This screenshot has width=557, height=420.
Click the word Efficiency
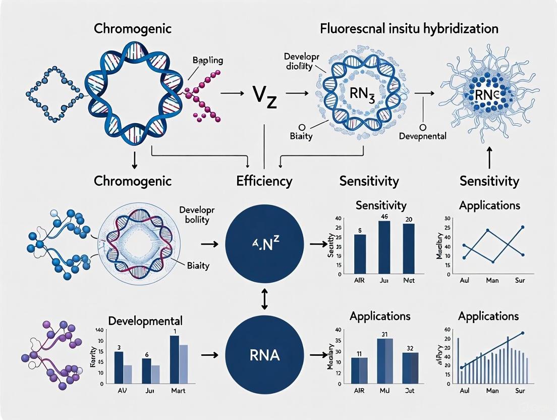point(264,181)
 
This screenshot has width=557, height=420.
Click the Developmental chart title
point(145,321)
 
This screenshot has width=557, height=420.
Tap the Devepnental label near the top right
point(424,136)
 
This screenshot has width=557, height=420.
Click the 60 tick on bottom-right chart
point(447,330)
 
